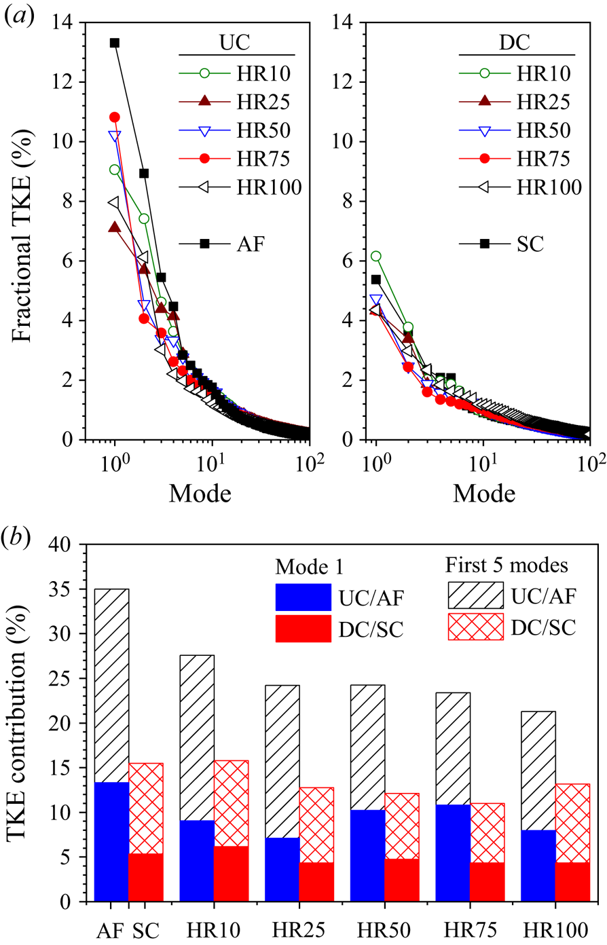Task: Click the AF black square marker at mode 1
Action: click(x=115, y=43)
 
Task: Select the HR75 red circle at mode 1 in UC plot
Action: click(x=115, y=117)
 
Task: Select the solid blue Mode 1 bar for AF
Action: click(x=112, y=842)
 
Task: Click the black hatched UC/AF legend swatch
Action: click(x=475, y=595)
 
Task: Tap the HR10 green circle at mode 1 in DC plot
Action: click(x=375, y=256)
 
